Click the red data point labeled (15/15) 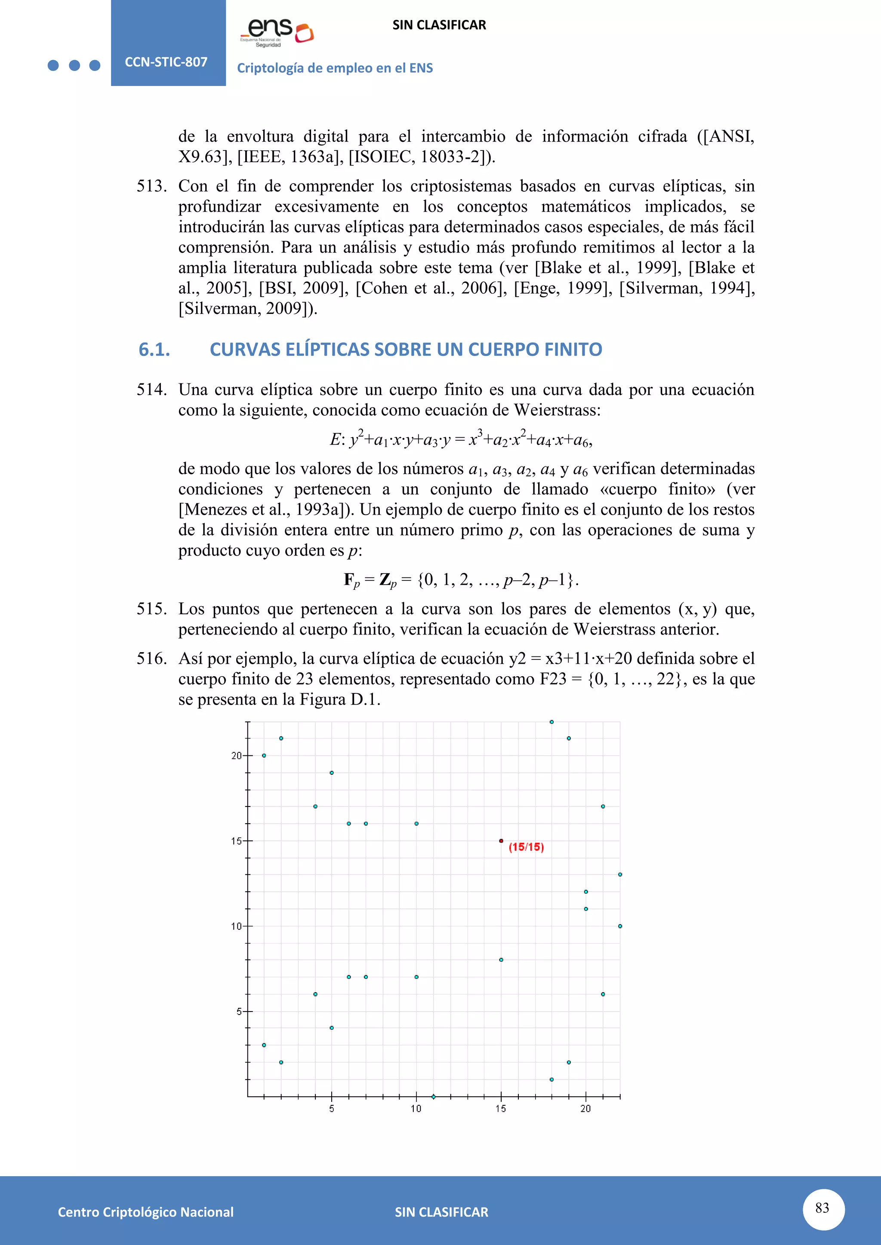pos(501,841)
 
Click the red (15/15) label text pos(526,847)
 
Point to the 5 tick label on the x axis pos(332,1109)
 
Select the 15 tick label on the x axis pos(500,1109)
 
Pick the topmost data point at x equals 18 pos(552,722)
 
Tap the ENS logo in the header pos(277,33)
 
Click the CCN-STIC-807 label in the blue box pos(166,62)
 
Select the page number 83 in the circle pos(822,1208)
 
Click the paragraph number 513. pos(151,187)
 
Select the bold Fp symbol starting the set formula pos(351,580)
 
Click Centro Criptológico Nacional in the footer pos(145,1212)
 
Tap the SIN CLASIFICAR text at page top pos(439,25)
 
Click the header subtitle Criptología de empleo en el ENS pos(335,68)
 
